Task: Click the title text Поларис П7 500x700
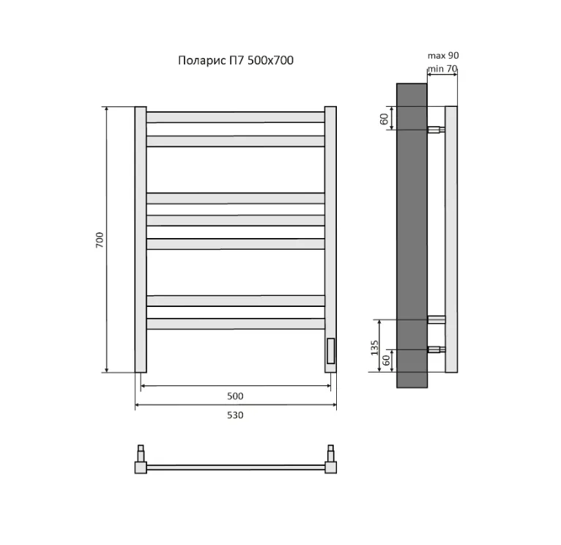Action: click(x=236, y=60)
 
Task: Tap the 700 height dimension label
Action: click(x=100, y=240)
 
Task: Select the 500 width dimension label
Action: click(x=235, y=396)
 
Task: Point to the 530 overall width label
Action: click(x=235, y=415)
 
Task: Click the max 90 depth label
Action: click(x=443, y=56)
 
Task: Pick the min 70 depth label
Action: click(x=442, y=68)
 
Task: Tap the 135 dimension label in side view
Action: click(x=374, y=347)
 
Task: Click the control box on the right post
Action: click(x=330, y=351)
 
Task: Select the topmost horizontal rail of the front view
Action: click(x=235, y=117)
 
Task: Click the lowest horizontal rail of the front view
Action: click(x=235, y=324)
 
